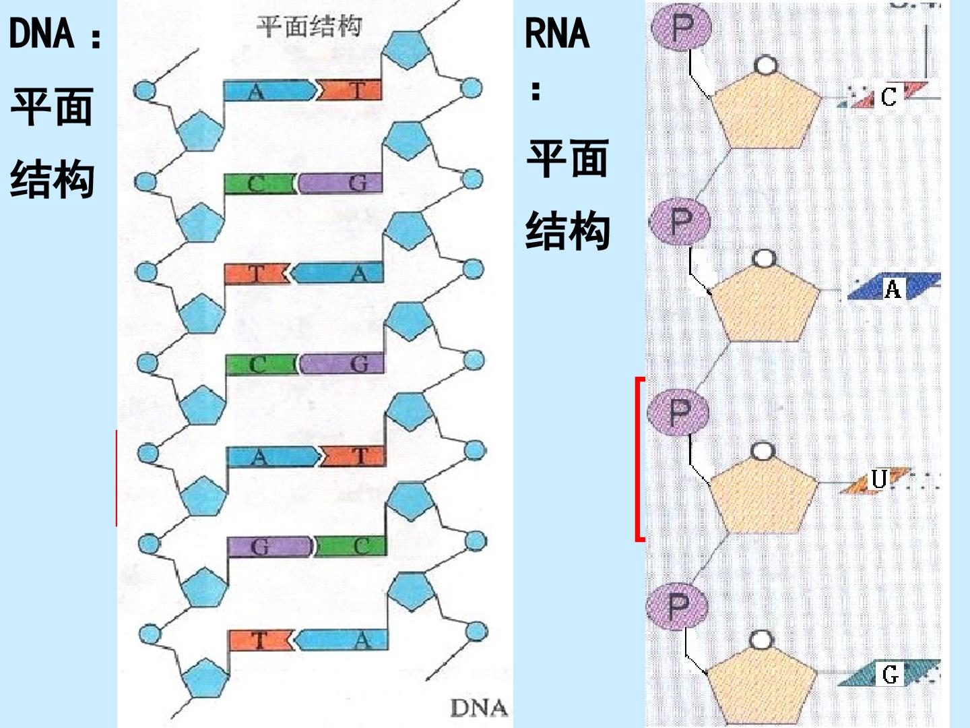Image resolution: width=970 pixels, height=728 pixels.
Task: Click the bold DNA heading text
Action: [x=42, y=33]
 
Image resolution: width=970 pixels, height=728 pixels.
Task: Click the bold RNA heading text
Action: [x=557, y=33]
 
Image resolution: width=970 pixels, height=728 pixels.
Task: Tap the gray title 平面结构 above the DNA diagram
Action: [x=309, y=26]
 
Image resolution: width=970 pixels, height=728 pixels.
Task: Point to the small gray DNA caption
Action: [x=479, y=708]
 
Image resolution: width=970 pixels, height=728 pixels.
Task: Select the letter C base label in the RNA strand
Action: [x=888, y=97]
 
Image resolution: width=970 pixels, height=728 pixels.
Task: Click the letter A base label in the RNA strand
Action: [x=893, y=289]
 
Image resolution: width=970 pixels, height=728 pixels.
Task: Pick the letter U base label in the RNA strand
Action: [x=878, y=479]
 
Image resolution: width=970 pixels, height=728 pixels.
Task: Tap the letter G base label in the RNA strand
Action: [x=890, y=675]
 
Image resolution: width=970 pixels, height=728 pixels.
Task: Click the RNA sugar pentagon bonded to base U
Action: [x=764, y=494]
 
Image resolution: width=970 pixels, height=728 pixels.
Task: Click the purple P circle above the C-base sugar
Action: [x=682, y=28]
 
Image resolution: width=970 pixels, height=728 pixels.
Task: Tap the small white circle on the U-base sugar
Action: [x=763, y=452]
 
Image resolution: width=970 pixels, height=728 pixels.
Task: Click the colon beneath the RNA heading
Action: [x=536, y=91]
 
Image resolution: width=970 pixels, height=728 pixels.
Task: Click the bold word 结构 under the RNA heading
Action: [x=568, y=230]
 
